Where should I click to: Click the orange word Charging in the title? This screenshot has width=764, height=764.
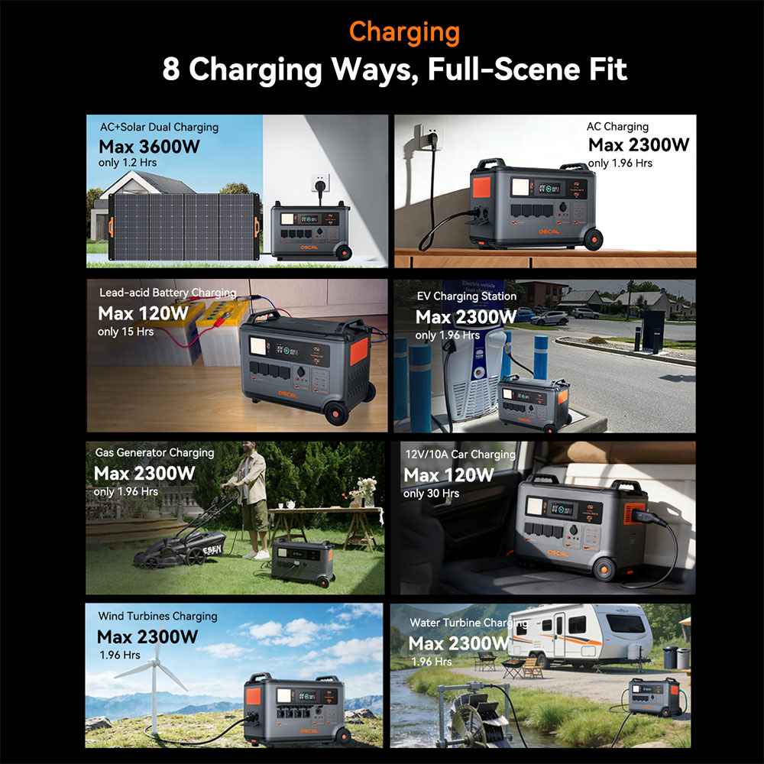[404, 32]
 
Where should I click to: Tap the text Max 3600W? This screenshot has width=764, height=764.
[149, 146]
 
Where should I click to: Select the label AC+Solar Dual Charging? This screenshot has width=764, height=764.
[160, 127]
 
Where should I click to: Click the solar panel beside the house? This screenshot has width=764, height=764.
[184, 227]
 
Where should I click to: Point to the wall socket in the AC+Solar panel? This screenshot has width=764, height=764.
[321, 183]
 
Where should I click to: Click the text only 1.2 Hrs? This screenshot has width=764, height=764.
[128, 162]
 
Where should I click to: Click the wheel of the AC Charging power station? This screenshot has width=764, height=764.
[593, 239]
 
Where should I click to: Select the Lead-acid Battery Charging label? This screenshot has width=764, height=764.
[167, 293]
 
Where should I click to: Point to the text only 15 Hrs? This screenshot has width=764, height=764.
[126, 332]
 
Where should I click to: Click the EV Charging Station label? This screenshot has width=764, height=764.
[466, 296]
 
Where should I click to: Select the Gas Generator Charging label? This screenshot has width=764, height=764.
[154, 452]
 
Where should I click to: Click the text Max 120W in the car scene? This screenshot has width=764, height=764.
[448, 475]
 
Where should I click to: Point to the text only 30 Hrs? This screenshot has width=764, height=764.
[431, 493]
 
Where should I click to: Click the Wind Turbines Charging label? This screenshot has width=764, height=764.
[158, 616]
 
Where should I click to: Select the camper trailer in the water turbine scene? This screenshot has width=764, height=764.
[579, 634]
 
